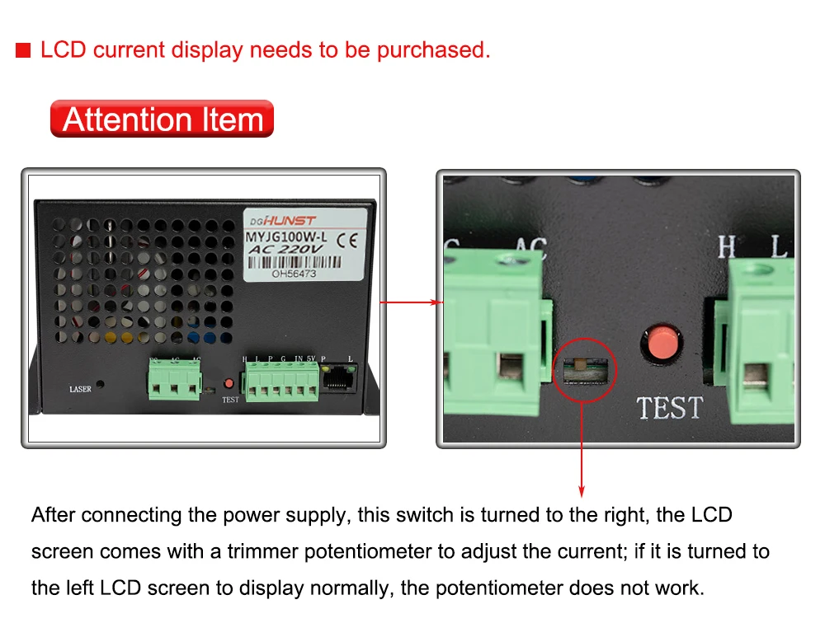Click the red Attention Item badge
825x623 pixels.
(162, 119)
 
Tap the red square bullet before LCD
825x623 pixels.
(23, 50)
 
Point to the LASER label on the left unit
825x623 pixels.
(80, 388)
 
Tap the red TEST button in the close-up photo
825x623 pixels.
(662, 344)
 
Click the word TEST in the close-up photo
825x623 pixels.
(669, 407)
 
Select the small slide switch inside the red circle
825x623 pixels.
(582, 368)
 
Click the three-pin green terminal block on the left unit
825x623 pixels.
(174, 381)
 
